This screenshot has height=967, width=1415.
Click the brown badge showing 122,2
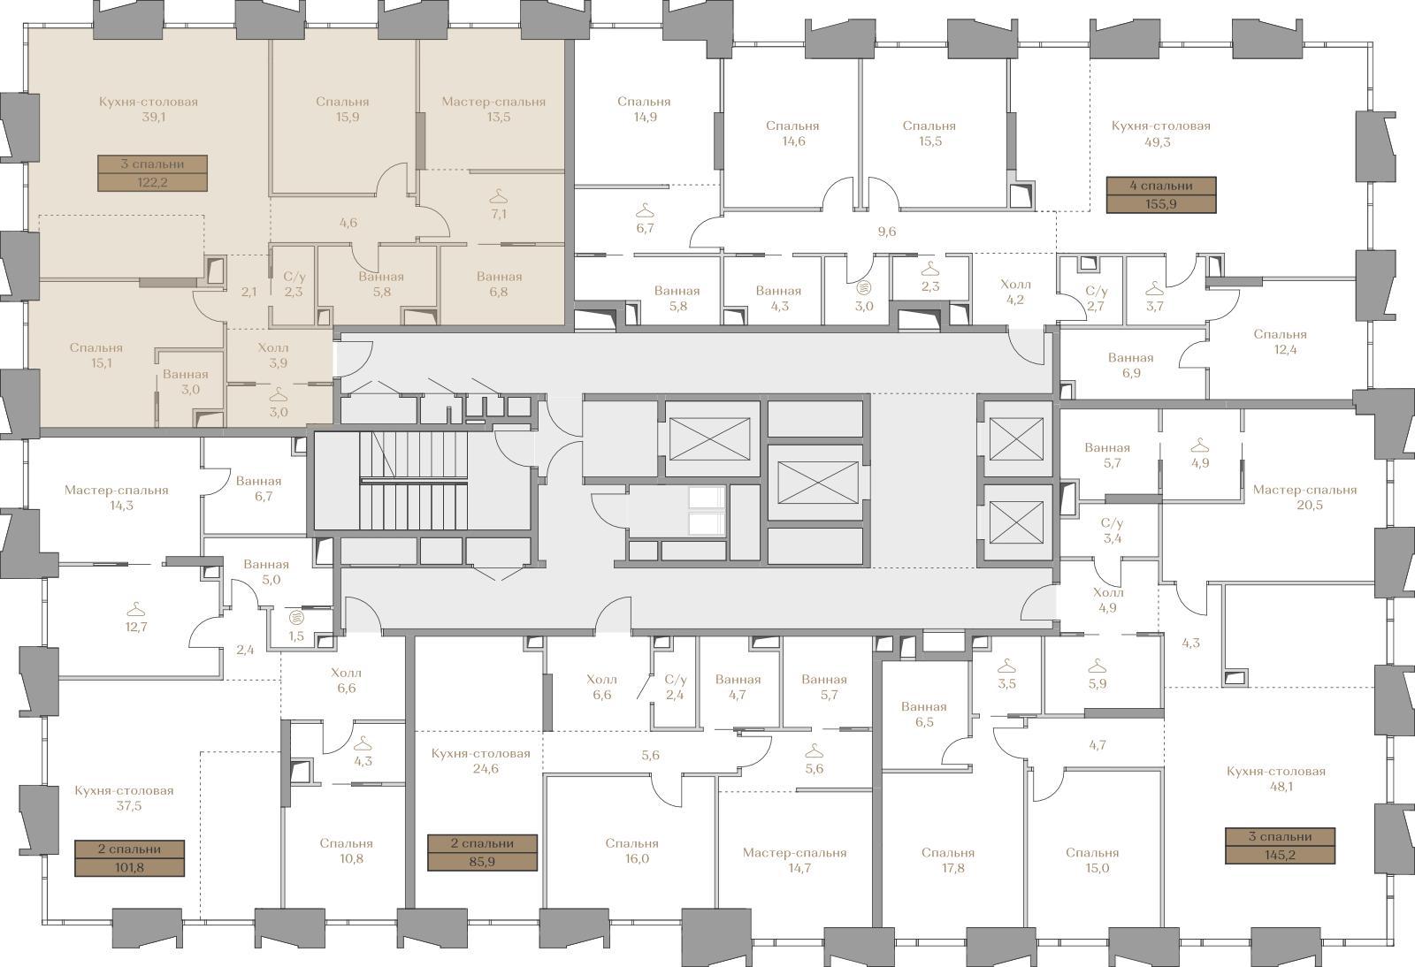coord(152,173)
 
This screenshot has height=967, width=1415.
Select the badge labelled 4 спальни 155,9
coord(1161,195)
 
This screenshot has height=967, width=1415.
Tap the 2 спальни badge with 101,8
coord(129,858)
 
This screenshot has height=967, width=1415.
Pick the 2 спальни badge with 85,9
coord(483,853)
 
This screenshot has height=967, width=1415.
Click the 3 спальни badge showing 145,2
coord(1281,846)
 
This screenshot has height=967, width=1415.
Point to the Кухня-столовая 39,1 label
coord(149,110)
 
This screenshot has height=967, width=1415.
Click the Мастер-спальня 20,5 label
coord(1305,498)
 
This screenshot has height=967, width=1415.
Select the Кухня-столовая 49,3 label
coord(1161,133)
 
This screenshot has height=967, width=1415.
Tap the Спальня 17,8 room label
coord(947,860)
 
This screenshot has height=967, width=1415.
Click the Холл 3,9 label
coord(273,355)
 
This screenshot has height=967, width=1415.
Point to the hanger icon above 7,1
coord(499,194)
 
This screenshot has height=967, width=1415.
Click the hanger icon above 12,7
coord(136,609)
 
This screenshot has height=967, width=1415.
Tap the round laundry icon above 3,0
coord(863,288)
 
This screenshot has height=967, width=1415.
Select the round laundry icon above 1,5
coord(295,617)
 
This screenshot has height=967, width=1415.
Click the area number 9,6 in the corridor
coord(887,232)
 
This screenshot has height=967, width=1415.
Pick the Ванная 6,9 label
coord(1131,365)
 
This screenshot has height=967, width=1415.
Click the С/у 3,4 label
coord(1113,531)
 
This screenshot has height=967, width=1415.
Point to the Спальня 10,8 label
coord(346,851)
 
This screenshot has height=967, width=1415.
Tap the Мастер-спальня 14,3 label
coord(117,498)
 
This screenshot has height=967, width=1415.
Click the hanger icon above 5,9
coord(1098,666)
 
